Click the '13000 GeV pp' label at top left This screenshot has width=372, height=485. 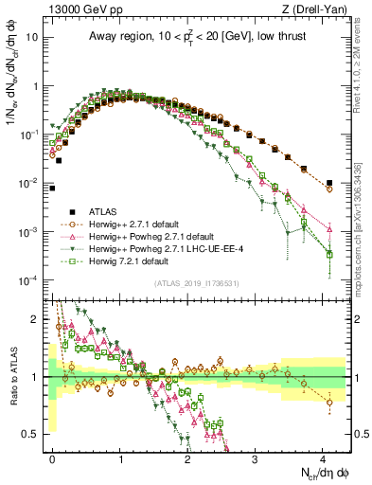82,9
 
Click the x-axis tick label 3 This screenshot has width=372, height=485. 256,457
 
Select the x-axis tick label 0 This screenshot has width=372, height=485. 52,457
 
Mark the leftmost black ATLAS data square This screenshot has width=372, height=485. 52,188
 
